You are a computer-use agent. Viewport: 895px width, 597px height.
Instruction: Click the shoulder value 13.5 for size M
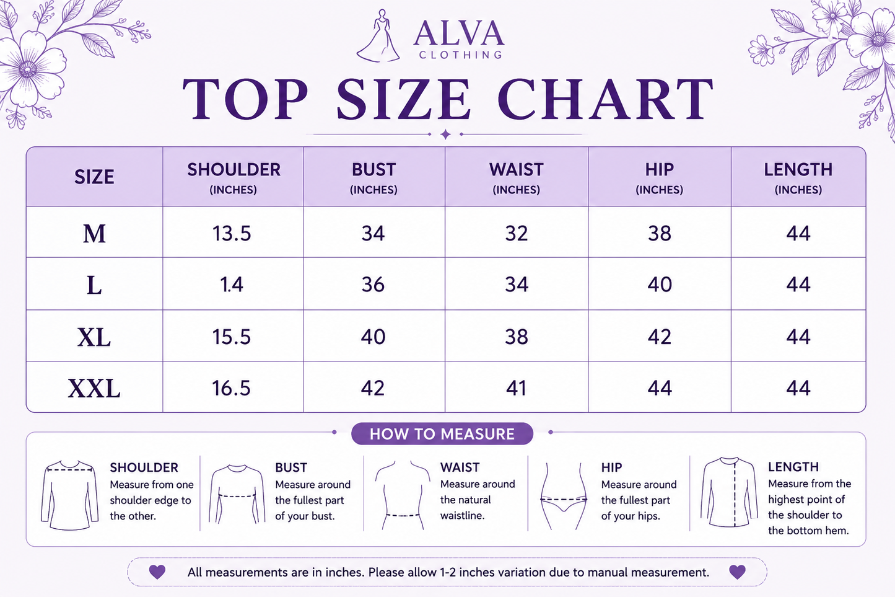tap(232, 233)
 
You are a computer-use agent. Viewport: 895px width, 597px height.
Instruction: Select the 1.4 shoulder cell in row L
tap(232, 285)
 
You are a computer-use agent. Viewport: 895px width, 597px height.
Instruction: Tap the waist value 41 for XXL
tap(516, 388)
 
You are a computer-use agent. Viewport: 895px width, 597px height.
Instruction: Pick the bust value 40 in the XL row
tap(373, 337)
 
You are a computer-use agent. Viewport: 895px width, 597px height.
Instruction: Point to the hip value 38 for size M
tap(659, 233)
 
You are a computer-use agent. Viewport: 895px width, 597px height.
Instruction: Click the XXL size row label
tap(94, 388)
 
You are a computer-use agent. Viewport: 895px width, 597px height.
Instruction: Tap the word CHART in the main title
tap(605, 99)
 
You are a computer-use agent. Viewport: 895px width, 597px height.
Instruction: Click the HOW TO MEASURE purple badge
tap(442, 434)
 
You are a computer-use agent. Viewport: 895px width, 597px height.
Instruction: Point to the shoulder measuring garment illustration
tap(69, 495)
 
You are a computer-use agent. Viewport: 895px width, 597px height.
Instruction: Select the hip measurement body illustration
tap(564, 496)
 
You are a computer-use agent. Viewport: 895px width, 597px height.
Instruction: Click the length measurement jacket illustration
tap(729, 492)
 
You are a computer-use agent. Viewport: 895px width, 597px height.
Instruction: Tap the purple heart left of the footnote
tap(157, 572)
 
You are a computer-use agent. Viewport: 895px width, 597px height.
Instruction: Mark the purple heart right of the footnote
tap(737, 572)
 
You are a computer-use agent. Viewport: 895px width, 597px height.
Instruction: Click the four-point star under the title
tap(445, 135)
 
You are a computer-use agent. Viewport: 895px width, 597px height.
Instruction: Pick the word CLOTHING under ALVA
tap(460, 55)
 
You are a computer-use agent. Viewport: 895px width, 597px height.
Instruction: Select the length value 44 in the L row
tap(798, 285)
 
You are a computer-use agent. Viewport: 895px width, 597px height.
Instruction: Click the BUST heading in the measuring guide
tap(291, 467)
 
